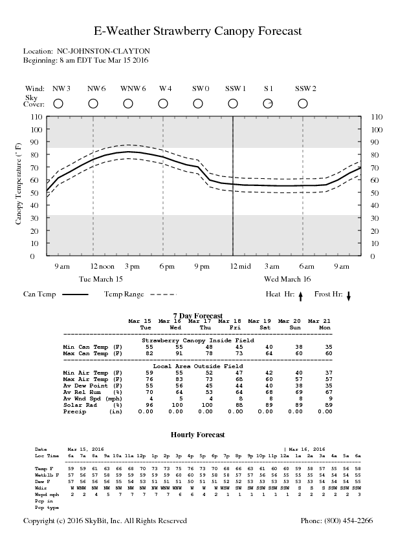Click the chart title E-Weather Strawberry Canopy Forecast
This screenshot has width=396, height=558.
198,31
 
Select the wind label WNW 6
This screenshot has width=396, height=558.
133,88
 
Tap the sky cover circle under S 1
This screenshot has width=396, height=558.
268,103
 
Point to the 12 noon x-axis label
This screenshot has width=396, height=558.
102,267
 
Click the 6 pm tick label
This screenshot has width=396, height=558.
167,267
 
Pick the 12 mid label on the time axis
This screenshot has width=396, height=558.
240,267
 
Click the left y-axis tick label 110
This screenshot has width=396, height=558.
36,117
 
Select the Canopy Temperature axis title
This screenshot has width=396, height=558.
18,183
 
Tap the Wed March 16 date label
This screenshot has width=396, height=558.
287,279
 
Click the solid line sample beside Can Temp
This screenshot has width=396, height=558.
75,294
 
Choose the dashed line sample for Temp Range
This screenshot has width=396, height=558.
163,294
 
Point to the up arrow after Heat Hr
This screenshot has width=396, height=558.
300,296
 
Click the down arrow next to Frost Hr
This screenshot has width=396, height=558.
349,296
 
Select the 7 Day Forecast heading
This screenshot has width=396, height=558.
198,316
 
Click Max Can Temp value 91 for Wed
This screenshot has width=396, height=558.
179,353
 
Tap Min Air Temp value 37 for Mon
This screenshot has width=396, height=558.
329,373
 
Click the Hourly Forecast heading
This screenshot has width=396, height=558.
198,435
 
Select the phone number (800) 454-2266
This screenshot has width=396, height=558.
337,521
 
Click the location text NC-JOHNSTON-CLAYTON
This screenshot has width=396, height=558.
104,51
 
